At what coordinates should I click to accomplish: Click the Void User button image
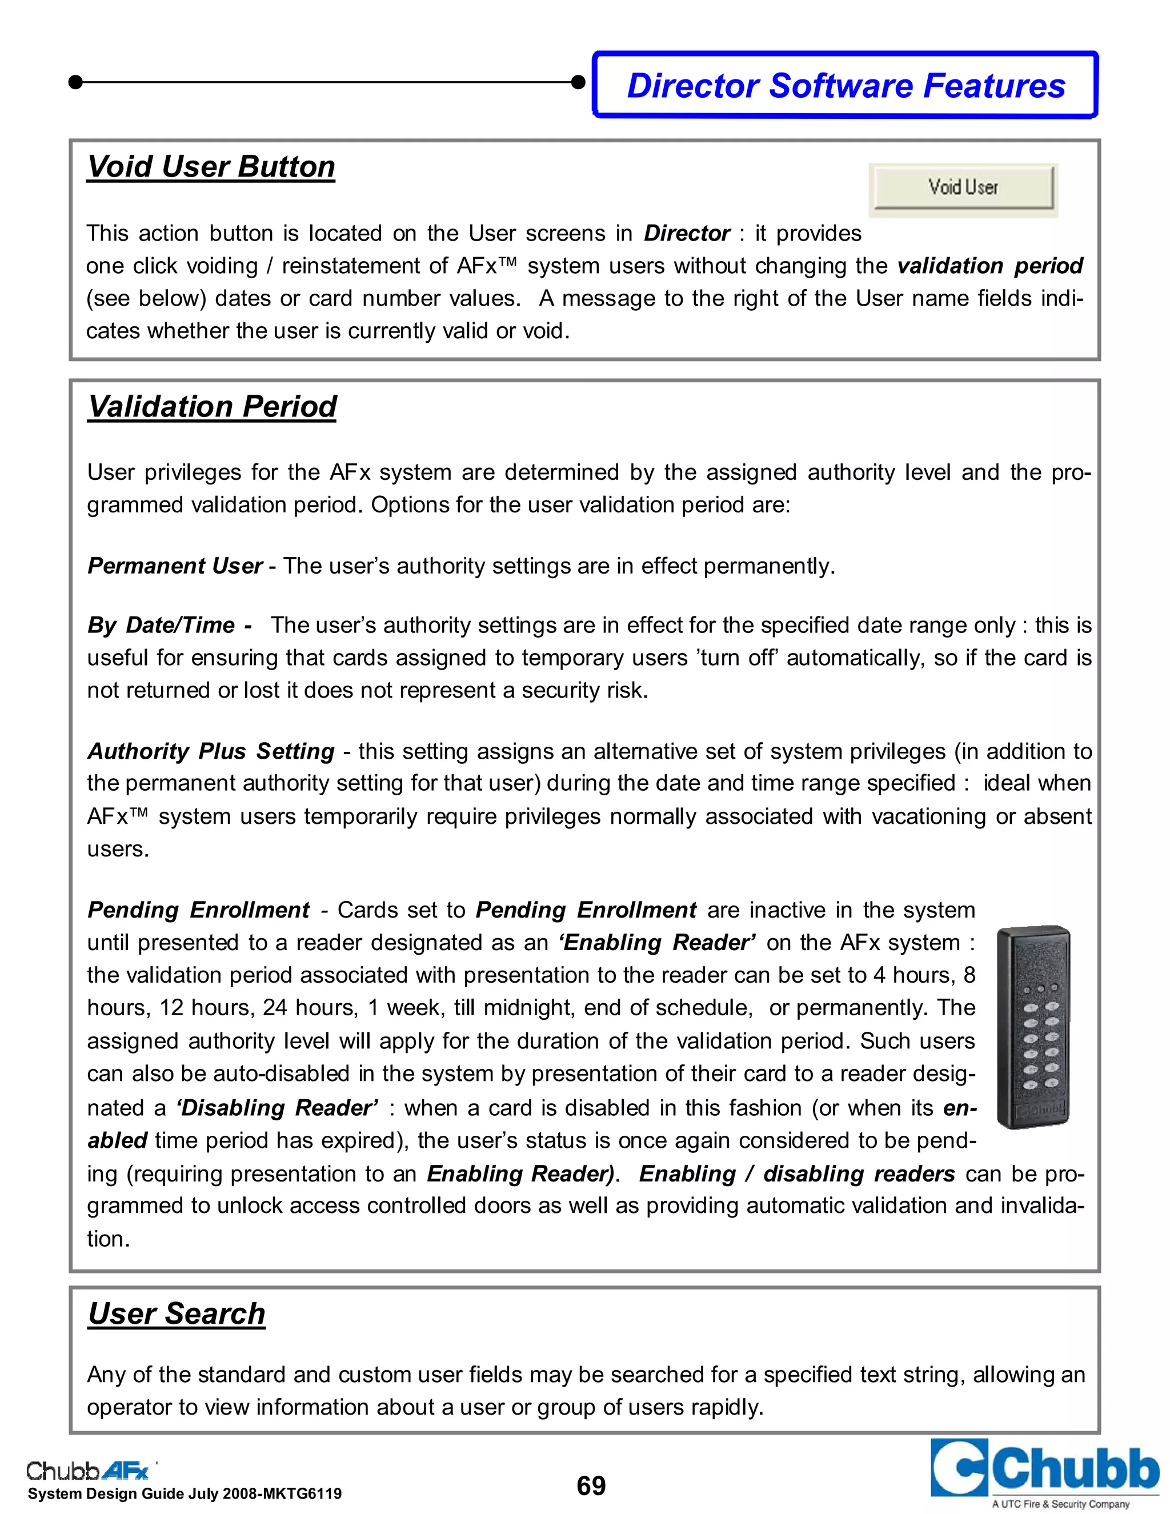pos(963,187)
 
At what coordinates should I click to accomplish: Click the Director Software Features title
pos(846,86)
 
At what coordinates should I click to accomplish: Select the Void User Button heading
pos(211,167)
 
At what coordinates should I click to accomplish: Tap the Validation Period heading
pos(212,406)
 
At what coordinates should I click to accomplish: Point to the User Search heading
pos(177,1313)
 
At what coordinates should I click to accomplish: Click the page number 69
pos(591,1485)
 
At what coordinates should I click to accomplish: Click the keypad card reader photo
pos(1033,1027)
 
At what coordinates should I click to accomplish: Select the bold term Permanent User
pos(175,566)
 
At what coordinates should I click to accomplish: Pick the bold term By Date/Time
pos(169,625)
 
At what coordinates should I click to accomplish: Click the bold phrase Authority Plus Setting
pos(211,751)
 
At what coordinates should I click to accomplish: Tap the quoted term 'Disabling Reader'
pos(277,1108)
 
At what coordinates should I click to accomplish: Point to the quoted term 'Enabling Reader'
pos(657,943)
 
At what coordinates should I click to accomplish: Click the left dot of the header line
pos(75,82)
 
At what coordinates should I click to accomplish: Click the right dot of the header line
pos(578,82)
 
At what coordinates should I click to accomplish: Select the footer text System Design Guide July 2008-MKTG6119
pos(185,1494)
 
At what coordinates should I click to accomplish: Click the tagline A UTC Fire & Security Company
pos(1060,1504)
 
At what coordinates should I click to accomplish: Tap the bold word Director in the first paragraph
pos(686,234)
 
